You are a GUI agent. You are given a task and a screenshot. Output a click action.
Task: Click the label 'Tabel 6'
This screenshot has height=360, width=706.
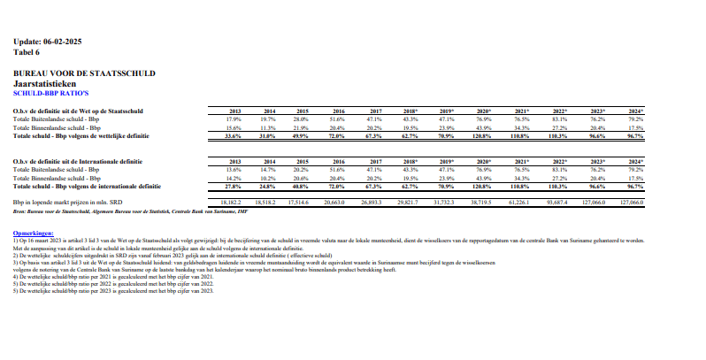(x=27, y=51)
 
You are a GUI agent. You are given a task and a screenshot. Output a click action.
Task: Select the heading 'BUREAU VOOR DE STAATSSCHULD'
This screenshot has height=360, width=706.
(x=85, y=72)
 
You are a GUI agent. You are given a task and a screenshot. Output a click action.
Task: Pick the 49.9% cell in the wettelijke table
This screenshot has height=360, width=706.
(x=301, y=136)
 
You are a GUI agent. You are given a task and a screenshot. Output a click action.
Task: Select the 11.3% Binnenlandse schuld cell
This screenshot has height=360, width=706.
(x=270, y=127)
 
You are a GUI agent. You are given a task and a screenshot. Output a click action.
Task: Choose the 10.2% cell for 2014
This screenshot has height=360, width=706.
(x=270, y=178)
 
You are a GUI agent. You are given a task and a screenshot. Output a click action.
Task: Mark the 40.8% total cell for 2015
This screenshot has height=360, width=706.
(x=301, y=187)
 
